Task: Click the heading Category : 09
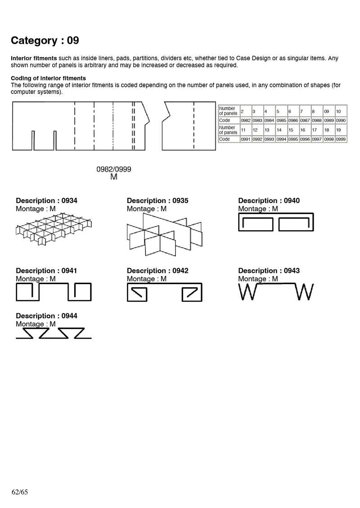point(45,40)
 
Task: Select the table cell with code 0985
point(281,120)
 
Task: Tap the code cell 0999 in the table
point(341,139)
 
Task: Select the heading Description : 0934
point(46,201)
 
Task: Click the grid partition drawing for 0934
point(54,230)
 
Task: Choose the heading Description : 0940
point(269,201)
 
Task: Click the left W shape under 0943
point(247,292)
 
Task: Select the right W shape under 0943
point(305,292)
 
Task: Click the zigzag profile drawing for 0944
point(54,333)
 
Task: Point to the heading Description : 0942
point(157,271)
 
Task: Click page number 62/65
point(20,492)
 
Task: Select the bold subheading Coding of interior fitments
point(48,78)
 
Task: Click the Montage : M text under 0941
point(36,279)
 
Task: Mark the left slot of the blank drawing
point(33,140)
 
